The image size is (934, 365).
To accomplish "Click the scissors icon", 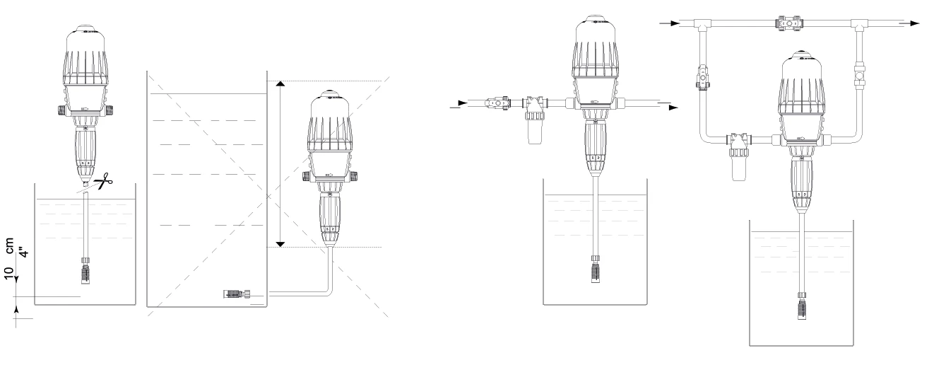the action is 103,181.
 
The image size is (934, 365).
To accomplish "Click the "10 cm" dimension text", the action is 9,258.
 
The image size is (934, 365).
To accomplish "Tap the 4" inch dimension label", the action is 25,253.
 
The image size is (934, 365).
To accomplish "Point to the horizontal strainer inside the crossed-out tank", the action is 237,294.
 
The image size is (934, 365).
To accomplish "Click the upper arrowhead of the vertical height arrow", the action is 280,84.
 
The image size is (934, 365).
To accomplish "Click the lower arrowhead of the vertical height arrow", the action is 280,244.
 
